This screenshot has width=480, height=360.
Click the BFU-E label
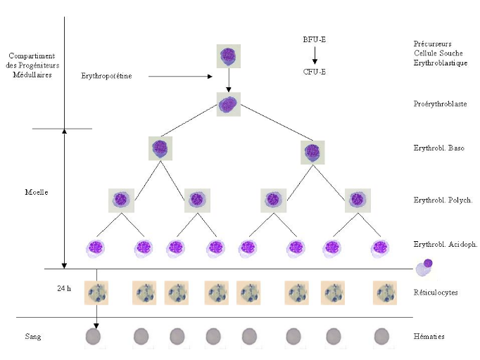click(x=315, y=39)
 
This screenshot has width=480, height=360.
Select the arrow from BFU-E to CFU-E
click(x=315, y=55)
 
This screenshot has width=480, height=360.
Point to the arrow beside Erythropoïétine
click(x=177, y=75)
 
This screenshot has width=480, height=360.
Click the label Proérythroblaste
click(x=439, y=104)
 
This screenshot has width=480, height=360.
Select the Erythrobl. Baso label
click(x=439, y=148)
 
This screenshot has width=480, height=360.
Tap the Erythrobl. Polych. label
click(x=443, y=200)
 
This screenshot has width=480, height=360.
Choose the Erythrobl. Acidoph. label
click(x=446, y=244)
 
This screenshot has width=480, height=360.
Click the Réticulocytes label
click(x=436, y=291)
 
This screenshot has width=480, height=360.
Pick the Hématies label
click(x=429, y=337)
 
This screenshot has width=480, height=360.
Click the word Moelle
click(x=36, y=191)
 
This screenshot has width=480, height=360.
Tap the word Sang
click(x=32, y=337)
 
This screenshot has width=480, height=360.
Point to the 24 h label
click(x=64, y=288)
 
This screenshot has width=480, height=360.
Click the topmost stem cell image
click(x=229, y=56)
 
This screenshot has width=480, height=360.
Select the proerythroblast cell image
click(x=229, y=105)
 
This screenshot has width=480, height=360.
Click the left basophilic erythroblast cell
click(x=160, y=149)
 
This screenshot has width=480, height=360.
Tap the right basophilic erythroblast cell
click(x=312, y=152)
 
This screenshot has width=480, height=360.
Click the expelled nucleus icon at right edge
click(x=424, y=267)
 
